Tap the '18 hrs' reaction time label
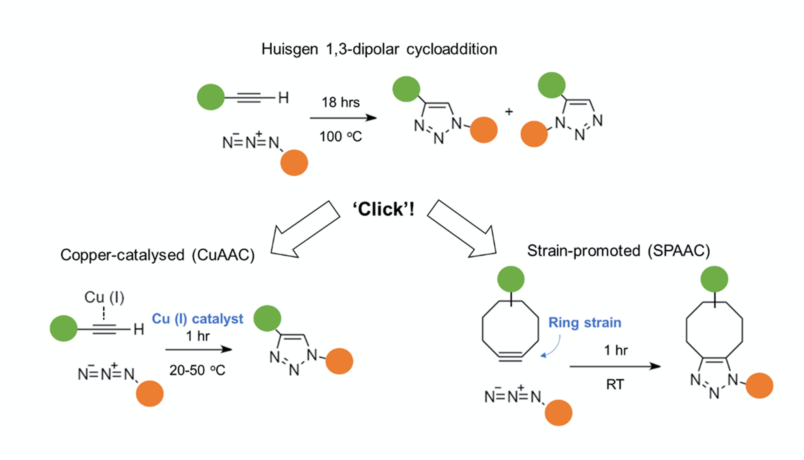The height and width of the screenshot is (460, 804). point(340,102)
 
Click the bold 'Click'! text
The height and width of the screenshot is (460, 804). point(383,209)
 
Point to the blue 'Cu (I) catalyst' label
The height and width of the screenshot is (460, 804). point(198,319)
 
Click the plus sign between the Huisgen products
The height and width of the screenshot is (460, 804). point(509,112)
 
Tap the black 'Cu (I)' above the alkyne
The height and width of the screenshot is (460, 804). point(104,297)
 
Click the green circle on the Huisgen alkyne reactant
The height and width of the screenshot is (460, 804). point(210,97)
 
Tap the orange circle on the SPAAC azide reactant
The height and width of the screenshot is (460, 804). point(558,413)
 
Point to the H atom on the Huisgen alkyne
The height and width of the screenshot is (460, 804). point(283,98)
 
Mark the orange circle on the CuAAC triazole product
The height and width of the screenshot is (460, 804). point(339,361)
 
